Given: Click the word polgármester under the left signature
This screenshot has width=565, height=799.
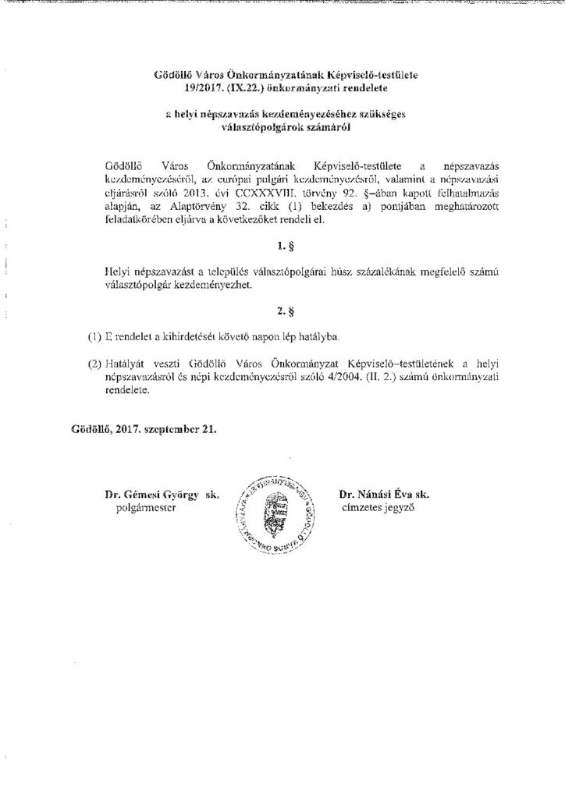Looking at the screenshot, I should tap(144, 507).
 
